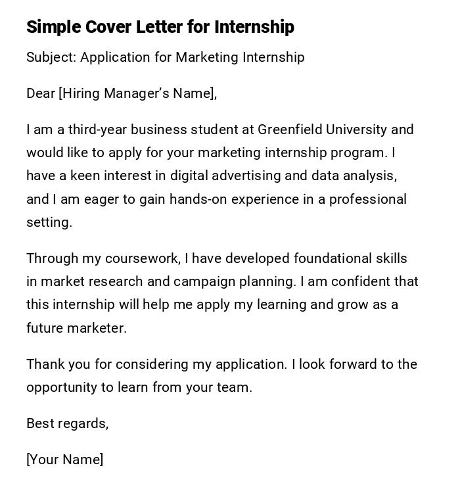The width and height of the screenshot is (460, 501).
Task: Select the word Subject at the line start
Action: tap(50, 57)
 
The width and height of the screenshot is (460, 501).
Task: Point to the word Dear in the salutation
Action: tap(40, 93)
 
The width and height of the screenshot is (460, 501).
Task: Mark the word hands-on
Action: tap(198, 199)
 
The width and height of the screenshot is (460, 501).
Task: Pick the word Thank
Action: tap(44, 364)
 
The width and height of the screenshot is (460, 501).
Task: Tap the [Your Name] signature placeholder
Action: tap(64, 460)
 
